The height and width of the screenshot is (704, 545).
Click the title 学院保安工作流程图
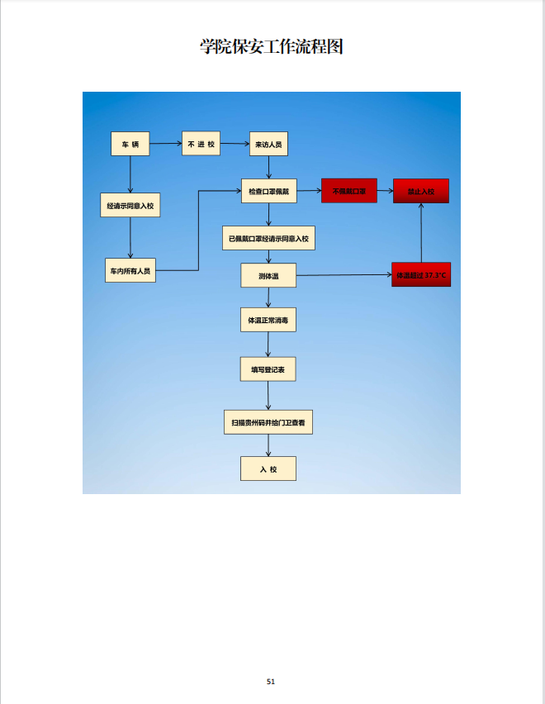point(272,47)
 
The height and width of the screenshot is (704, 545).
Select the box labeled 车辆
point(130,145)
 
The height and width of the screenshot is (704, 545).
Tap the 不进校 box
point(201,144)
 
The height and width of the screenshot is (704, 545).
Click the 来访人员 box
point(269,145)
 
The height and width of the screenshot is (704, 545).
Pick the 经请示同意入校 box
point(130,205)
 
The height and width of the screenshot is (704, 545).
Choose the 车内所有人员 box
point(130,270)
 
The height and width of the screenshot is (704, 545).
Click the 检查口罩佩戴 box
point(268,192)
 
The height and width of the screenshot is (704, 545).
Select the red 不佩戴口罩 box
point(349,191)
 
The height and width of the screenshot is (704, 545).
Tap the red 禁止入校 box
point(421,191)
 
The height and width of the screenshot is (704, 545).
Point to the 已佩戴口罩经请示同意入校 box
point(268,238)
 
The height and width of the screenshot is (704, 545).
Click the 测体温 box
point(268,275)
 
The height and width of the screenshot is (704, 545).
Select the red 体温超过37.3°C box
point(421,274)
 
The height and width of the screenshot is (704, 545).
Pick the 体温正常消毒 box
point(268,319)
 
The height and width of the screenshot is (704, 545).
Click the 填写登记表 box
point(268,369)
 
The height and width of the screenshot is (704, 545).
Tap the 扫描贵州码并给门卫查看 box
point(268,422)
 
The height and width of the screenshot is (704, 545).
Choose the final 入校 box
point(268,469)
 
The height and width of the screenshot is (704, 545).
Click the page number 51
point(271,682)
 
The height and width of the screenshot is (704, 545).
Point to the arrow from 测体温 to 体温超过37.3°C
point(344,275)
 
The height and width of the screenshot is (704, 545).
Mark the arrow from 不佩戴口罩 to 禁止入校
point(385,191)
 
